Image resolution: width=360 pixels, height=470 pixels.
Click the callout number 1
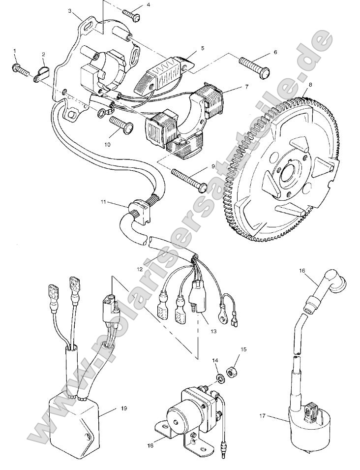point(15,51)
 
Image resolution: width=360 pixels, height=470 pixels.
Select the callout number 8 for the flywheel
point(309,84)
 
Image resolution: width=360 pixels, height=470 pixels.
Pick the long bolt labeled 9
point(189,179)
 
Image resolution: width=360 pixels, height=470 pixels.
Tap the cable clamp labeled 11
point(140,211)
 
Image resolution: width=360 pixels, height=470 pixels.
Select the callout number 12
point(140,269)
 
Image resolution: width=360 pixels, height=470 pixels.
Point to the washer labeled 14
point(220,377)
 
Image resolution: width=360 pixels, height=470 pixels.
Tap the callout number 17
point(262,416)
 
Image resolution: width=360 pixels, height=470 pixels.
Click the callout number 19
point(111,408)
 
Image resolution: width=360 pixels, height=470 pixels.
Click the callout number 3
point(70,10)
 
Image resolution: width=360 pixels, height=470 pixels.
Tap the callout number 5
point(202,48)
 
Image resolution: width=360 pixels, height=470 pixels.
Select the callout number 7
point(232,87)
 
